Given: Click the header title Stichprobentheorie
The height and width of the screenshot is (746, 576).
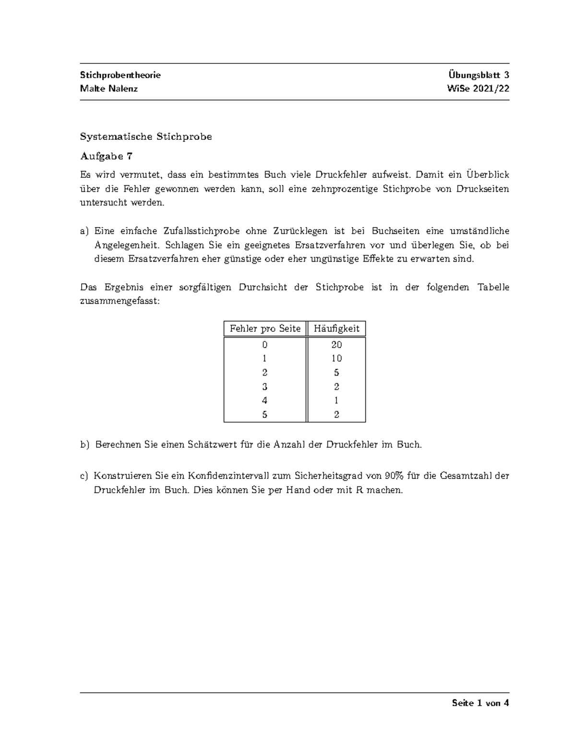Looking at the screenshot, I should (x=120, y=75).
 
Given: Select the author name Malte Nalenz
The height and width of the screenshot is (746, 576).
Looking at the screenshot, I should (x=109, y=89).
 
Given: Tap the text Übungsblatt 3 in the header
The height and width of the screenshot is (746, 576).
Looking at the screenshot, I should (x=479, y=75).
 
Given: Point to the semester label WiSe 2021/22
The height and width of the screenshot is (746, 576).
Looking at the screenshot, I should (x=478, y=89).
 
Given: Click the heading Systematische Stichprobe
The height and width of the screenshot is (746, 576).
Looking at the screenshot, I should (x=146, y=137).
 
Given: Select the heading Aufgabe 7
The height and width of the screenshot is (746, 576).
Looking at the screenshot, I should (x=106, y=156).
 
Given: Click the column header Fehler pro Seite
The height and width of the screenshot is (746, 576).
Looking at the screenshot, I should (x=265, y=329).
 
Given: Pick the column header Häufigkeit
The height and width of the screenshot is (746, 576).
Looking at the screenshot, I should (x=336, y=329).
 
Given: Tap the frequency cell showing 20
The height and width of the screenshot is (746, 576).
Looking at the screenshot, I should (x=336, y=344).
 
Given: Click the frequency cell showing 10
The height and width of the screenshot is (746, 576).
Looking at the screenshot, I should (x=336, y=358).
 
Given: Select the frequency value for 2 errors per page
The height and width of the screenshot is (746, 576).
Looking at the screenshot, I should (x=336, y=372).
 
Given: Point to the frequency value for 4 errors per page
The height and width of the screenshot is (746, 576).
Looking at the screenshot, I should (x=336, y=401).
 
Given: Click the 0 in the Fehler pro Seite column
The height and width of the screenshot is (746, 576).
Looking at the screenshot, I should (x=265, y=344).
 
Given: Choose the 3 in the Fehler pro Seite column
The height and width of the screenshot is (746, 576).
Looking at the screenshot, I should (x=265, y=387).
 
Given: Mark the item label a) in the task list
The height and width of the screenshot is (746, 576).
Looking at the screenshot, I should (x=84, y=231).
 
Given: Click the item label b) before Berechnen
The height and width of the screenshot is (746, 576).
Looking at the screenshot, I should (x=85, y=445).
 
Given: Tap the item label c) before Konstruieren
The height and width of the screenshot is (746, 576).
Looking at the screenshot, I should (x=84, y=476).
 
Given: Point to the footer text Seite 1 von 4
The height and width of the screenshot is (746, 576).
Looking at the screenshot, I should (x=480, y=703).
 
